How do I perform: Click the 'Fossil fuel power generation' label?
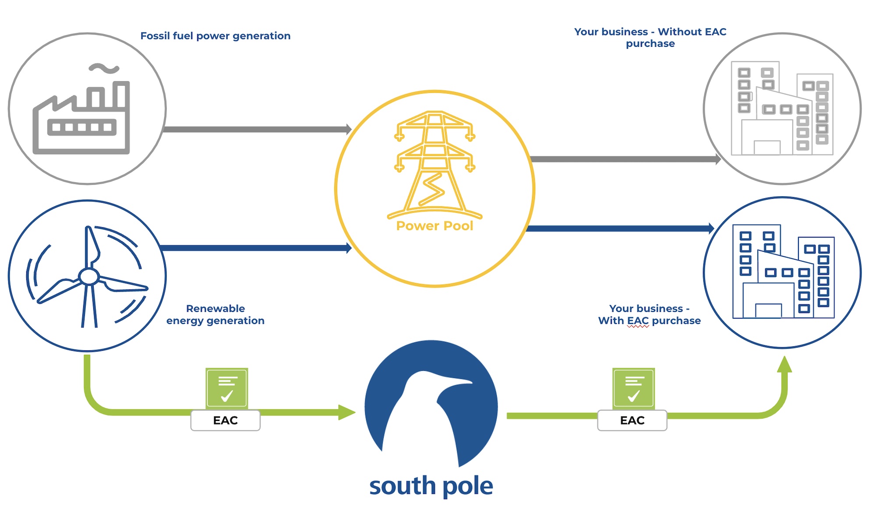[215, 36]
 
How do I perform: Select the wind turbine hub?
[89, 277]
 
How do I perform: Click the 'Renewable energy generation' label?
[215, 314]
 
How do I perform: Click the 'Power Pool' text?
[434, 226]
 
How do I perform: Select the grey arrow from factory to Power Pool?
[256, 129]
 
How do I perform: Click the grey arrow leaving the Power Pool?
[624, 159]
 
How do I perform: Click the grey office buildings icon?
[782, 109]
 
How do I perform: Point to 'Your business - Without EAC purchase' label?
[650, 38]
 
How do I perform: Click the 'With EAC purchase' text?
[649, 321]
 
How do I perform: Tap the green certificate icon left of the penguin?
[227, 388]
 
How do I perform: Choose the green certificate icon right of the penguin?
[633, 388]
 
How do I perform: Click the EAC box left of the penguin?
[226, 420]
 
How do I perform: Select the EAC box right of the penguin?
[632, 420]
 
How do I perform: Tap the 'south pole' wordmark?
[431, 486]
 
